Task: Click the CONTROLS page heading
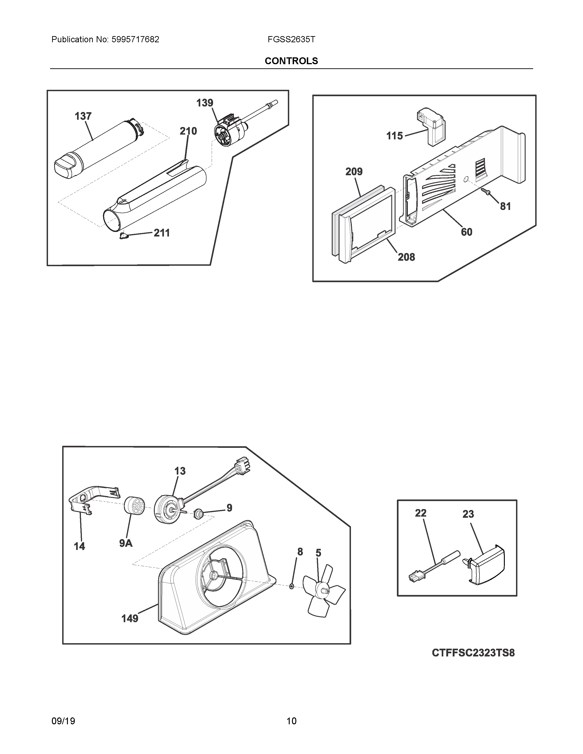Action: pyautogui.click(x=291, y=61)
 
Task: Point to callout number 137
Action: pyautogui.click(x=83, y=116)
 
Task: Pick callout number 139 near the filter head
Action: pyautogui.click(x=205, y=103)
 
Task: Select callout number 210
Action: pyautogui.click(x=188, y=131)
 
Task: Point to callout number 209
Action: pyautogui.click(x=354, y=172)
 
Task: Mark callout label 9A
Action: pyautogui.click(x=126, y=543)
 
